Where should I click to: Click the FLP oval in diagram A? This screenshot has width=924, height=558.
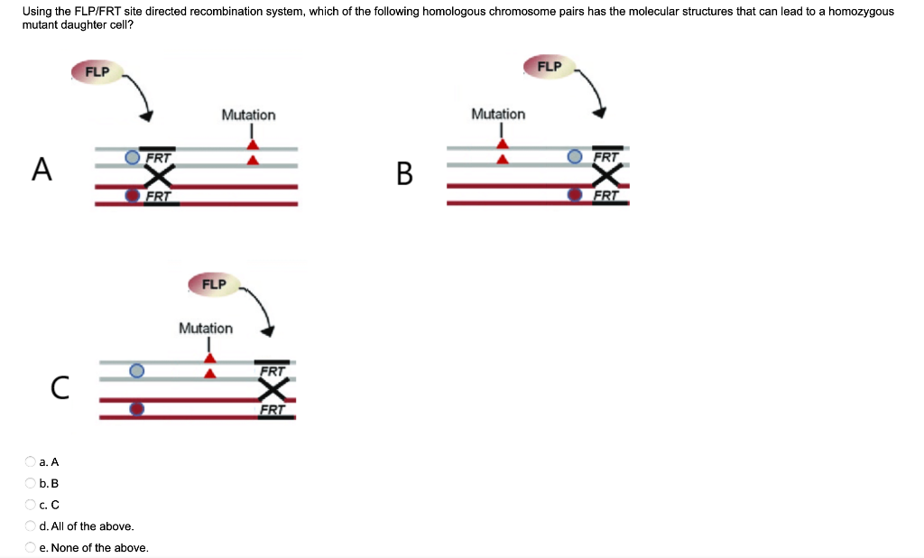point(97,71)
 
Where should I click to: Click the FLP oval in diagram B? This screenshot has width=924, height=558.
point(550,67)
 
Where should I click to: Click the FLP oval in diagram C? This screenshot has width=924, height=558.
point(214,284)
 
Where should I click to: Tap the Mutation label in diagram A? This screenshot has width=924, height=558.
point(248,115)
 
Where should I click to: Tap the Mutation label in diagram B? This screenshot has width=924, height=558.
point(498,114)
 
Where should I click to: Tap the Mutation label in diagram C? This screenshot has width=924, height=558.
point(206,328)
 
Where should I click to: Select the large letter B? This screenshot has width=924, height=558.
point(404,172)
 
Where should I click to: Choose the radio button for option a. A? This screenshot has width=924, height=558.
point(31,461)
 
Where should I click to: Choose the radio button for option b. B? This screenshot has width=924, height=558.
point(31,483)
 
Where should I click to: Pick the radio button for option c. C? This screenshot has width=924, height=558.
point(31,505)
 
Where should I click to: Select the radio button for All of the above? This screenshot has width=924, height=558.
point(31,526)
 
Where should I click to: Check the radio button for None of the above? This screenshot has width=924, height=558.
point(31,548)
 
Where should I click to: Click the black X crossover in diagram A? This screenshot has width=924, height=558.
point(160,176)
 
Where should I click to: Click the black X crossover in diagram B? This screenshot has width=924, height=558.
point(607,175)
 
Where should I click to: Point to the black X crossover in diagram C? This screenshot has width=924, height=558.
point(273,390)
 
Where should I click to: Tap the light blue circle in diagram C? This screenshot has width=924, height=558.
point(136,371)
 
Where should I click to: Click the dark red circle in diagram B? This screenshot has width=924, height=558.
point(574,194)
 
